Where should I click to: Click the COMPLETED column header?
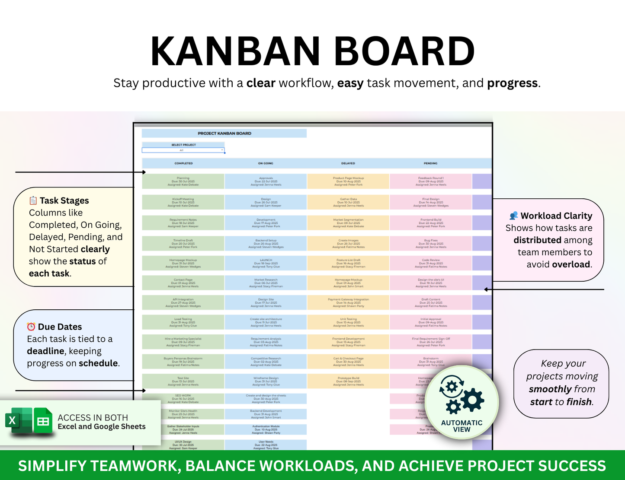[183, 163]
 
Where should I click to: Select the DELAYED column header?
[348, 163]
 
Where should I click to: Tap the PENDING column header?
[430, 163]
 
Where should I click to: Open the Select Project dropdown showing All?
[183, 150]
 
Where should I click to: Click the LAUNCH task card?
[266, 263]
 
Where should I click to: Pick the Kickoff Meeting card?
[183, 202]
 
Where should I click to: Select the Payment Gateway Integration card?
[348, 302]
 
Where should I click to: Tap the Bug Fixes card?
[431, 244]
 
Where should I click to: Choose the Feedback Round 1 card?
[431, 181]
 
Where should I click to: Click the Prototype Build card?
[348, 381]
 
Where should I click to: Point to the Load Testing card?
[183, 322]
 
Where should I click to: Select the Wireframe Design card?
[266, 381]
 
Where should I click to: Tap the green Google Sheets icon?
[43, 421]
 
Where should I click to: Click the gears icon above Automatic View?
[461, 395]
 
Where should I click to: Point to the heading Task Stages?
[64, 200]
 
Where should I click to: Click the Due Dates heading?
[60, 327]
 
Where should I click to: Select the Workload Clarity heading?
[556, 216]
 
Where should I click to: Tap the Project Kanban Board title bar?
[224, 134]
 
